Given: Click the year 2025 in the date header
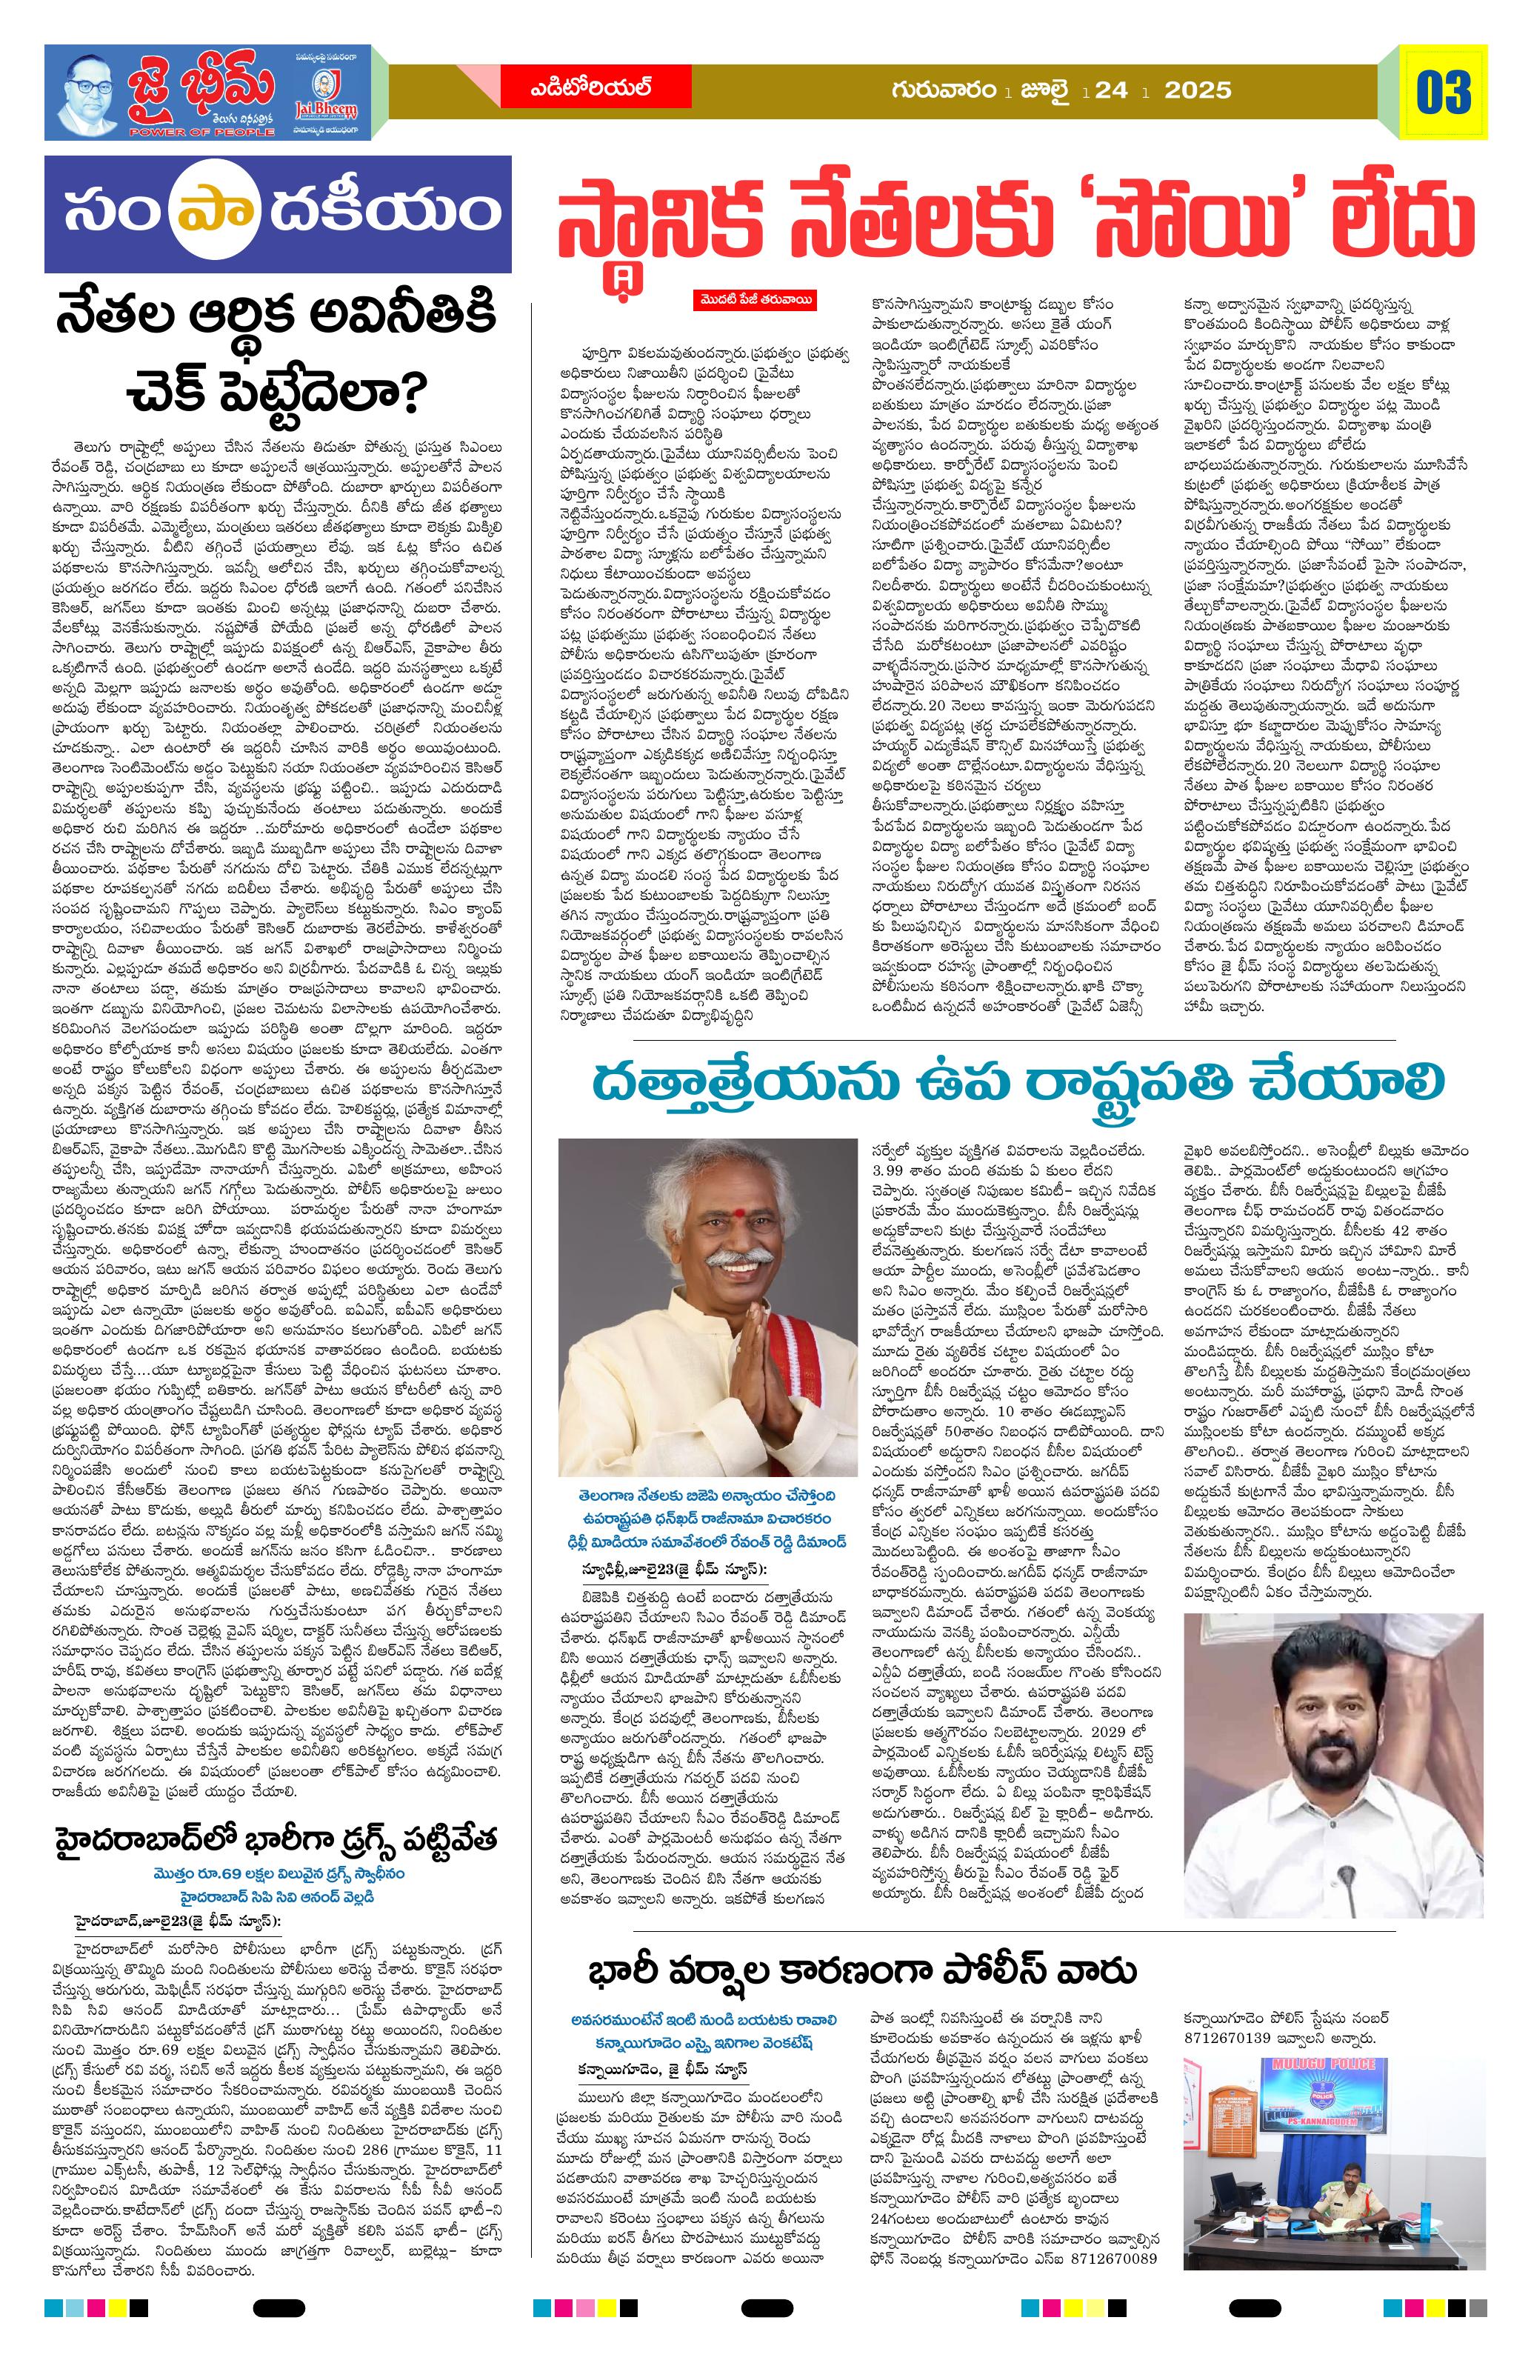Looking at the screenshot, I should (x=1198, y=91).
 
